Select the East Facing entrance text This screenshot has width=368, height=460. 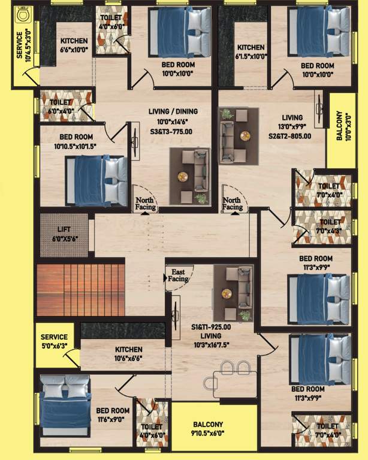tap(179, 275)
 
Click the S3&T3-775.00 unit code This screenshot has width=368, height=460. tap(173, 131)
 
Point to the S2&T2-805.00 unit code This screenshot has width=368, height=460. tap(291, 136)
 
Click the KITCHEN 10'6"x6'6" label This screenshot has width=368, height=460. tap(129, 353)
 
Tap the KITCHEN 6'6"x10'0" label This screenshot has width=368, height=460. tap(74, 46)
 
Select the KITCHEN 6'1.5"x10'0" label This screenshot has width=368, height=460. tap(251, 52)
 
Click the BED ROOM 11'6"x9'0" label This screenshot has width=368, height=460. tap(113, 414)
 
